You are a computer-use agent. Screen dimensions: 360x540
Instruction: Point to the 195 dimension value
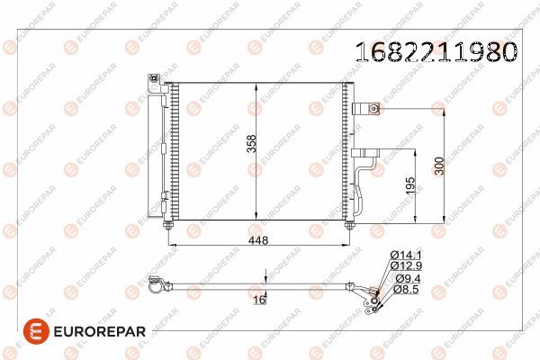[410, 185]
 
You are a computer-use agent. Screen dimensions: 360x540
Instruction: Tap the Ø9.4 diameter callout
[407, 280]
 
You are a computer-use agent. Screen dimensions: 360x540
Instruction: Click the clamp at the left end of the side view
[154, 286]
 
